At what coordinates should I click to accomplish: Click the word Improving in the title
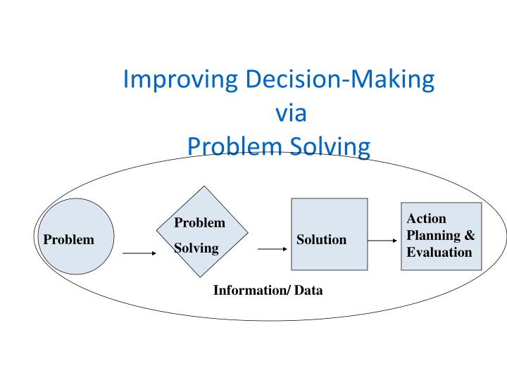pyautogui.click(x=181, y=80)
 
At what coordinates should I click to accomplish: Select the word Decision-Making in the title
pyautogui.click(x=339, y=80)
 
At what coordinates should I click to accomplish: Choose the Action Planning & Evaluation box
pyautogui.click(x=441, y=236)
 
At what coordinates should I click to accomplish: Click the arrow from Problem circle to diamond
pyautogui.click(x=139, y=253)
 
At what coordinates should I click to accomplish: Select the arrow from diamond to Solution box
pyautogui.click(x=272, y=248)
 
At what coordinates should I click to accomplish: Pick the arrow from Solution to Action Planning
pyautogui.click(x=383, y=240)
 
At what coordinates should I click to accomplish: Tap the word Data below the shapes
pyautogui.click(x=309, y=290)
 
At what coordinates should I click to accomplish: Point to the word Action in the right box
pyautogui.click(x=426, y=219)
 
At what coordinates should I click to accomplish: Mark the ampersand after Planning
pyautogui.click(x=470, y=236)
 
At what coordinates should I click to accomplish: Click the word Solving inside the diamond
pyautogui.click(x=196, y=248)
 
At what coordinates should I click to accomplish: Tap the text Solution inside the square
pyautogui.click(x=321, y=240)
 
